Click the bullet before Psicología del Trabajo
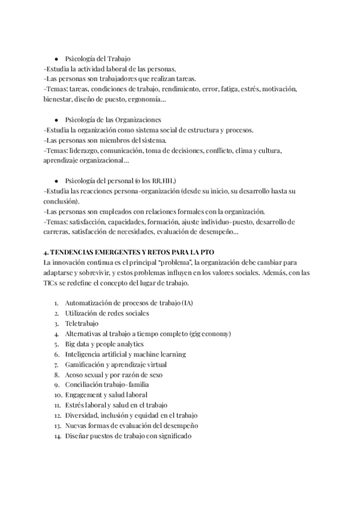pos(56,59)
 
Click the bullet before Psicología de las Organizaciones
pos(56,120)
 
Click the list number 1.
pos(56,303)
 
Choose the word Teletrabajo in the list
pos(80,324)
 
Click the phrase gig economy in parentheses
pos(209,334)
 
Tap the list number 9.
pos(55,385)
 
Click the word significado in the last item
pos(173,436)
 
